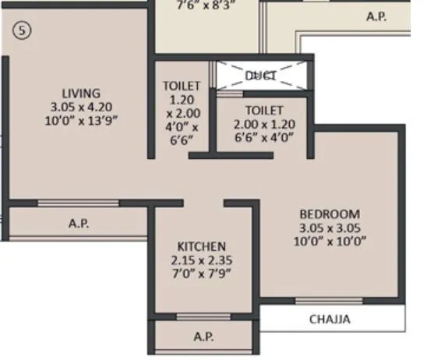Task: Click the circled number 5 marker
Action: (x=21, y=32)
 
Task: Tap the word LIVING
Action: (x=81, y=93)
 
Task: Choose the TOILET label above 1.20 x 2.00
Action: (x=182, y=85)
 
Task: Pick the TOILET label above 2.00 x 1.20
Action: (x=263, y=110)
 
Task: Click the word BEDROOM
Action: (x=330, y=214)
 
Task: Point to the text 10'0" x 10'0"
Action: (x=330, y=241)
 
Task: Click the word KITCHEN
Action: (x=201, y=245)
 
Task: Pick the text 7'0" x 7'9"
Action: (x=201, y=273)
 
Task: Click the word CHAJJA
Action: (x=330, y=319)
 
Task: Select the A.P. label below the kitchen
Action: (x=203, y=337)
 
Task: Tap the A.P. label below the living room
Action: (x=78, y=223)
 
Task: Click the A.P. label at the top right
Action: (x=376, y=16)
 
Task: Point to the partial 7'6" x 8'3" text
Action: (x=206, y=4)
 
